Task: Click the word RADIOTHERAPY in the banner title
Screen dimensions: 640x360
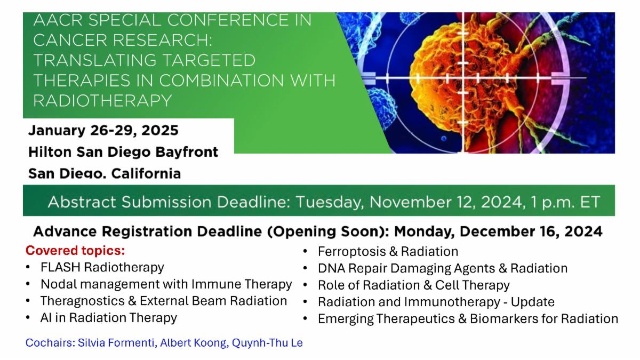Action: (102, 101)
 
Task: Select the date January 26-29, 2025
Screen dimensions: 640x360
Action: (103, 130)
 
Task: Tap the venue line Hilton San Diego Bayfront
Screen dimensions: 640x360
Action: (123, 151)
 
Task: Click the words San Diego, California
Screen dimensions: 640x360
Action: (105, 173)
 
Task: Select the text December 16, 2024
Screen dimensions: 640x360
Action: (531, 231)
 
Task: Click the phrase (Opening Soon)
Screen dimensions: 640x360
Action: (328, 231)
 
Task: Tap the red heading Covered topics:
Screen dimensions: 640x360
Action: (75, 251)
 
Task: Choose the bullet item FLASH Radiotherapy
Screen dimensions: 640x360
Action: (102, 268)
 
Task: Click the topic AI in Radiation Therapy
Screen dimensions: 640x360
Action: (109, 318)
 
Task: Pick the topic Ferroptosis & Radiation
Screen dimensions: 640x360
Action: (388, 252)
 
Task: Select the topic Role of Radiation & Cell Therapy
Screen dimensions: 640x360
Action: (414, 285)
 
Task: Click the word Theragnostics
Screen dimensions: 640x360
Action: (83, 301)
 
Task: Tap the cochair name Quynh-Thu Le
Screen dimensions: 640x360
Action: (267, 343)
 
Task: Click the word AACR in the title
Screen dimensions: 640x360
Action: (58, 20)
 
